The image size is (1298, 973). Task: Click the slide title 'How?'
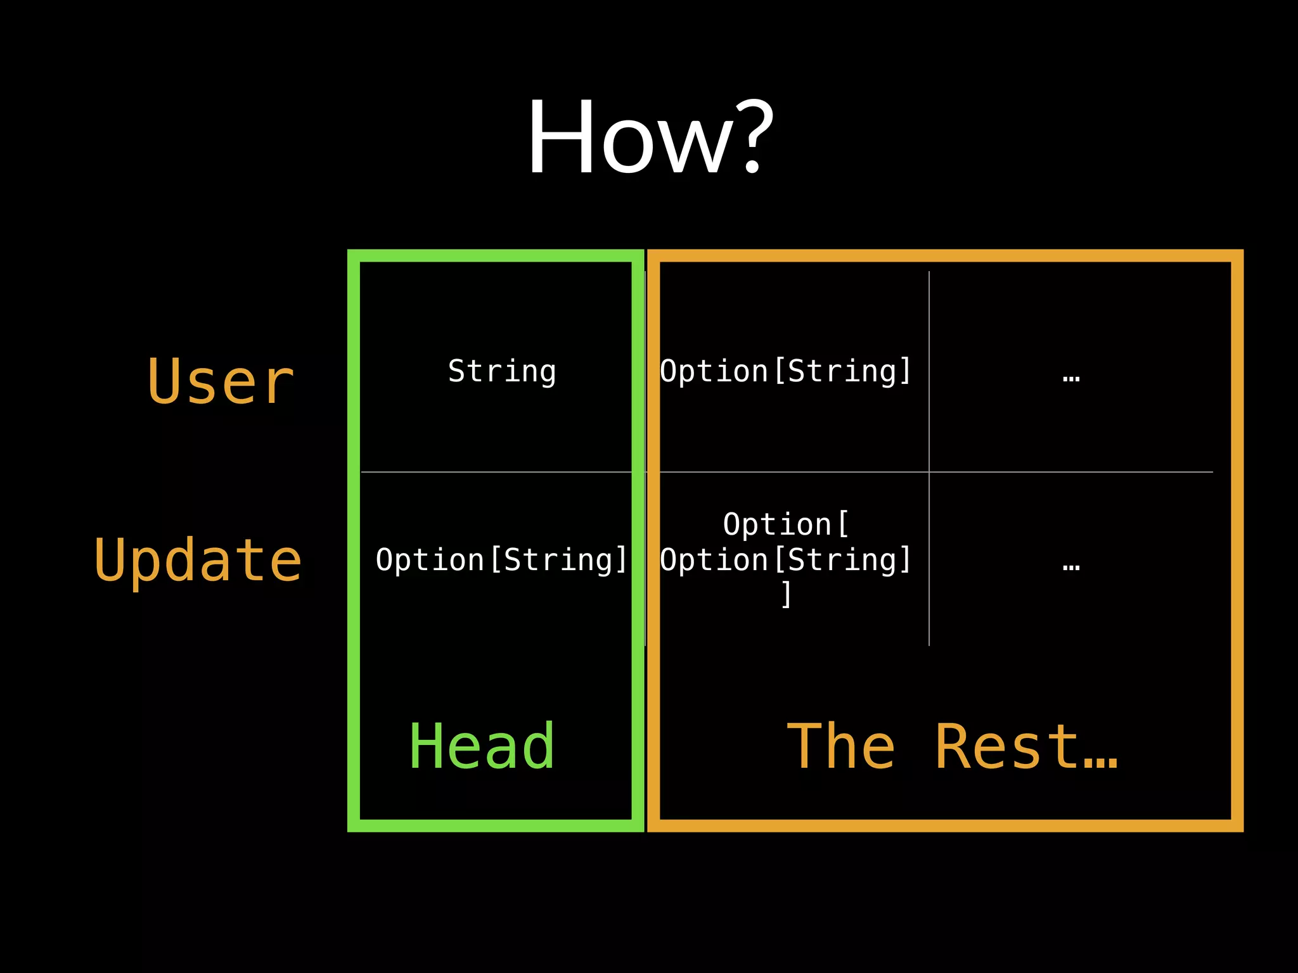coord(650,137)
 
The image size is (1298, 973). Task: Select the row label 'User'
coord(221,381)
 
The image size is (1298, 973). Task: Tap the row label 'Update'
coord(198,560)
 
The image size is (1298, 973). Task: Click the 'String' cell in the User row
coord(502,371)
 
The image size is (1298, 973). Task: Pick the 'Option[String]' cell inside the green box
coord(501,559)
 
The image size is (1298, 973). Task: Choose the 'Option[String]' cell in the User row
coord(786,371)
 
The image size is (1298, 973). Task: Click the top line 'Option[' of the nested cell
coord(786,524)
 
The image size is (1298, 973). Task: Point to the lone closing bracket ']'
coord(787,594)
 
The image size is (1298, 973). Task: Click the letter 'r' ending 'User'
coord(280,384)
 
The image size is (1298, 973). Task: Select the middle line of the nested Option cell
coord(786,559)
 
